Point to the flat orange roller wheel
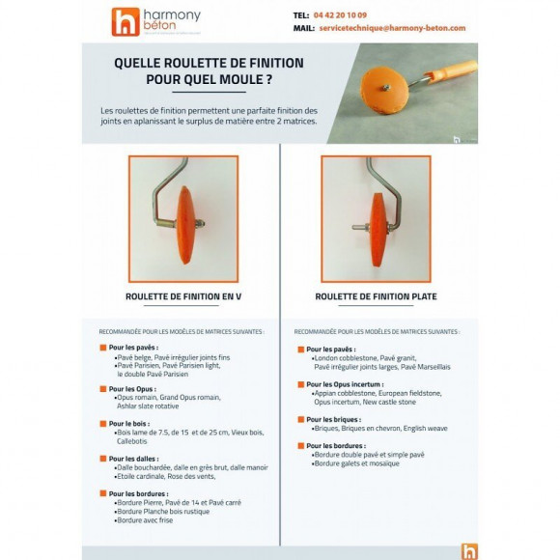375,215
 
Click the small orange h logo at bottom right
470,551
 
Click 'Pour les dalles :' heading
136,458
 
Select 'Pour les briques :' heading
334,420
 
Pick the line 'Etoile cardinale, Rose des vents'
165,476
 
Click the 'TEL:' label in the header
300,16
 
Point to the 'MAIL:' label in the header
302,30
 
